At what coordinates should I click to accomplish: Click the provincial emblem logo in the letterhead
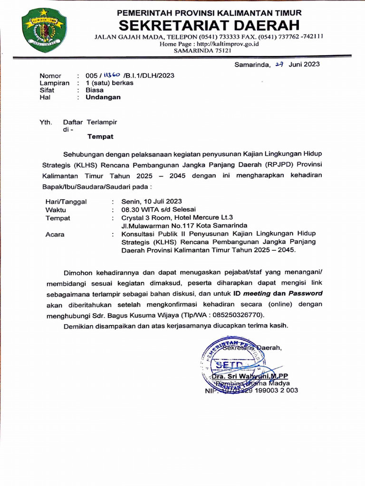pos(44,30)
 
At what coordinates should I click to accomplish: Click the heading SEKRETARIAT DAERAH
pos(209,25)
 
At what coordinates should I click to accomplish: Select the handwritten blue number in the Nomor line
pos(112,75)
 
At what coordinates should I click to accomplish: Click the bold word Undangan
pos(103,97)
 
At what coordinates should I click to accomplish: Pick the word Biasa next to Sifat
pos(95,90)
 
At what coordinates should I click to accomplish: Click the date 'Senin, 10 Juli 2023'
pos(152,202)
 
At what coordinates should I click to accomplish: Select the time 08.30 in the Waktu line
pos(131,210)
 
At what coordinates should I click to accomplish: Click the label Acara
pos(55,234)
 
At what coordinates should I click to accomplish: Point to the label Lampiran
pos(54,83)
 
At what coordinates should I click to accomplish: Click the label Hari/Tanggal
pos(66,202)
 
